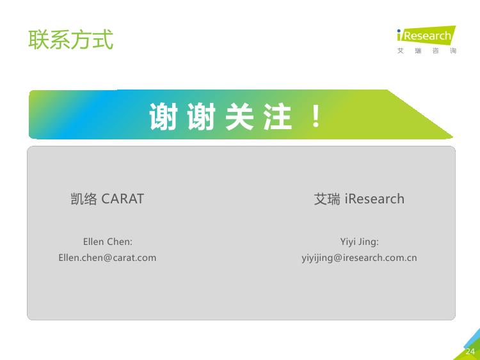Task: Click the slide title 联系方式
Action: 70,40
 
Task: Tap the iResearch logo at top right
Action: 426,35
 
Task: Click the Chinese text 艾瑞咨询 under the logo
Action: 427,51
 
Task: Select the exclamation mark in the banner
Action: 316,116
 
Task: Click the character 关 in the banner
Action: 239,116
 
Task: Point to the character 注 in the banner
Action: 278,116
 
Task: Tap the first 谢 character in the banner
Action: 163,116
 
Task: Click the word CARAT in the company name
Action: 122,199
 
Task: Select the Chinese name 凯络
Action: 84,199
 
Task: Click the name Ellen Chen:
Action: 108,242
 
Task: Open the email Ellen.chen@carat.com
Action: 108,258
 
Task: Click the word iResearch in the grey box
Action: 374,199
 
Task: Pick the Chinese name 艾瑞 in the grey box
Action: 326,199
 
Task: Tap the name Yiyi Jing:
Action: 360,242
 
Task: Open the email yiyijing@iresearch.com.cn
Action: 359,258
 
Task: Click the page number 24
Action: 470,352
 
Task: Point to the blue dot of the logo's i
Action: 399,31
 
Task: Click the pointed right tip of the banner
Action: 452,137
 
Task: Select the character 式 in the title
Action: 103,40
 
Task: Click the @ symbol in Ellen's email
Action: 108,258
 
